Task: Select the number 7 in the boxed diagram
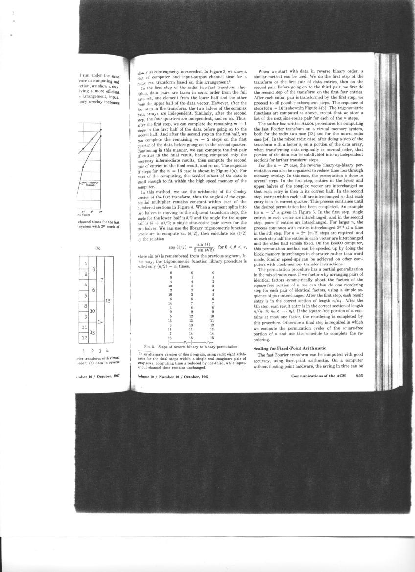100,280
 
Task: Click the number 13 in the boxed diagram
92,332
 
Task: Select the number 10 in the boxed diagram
92,311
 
